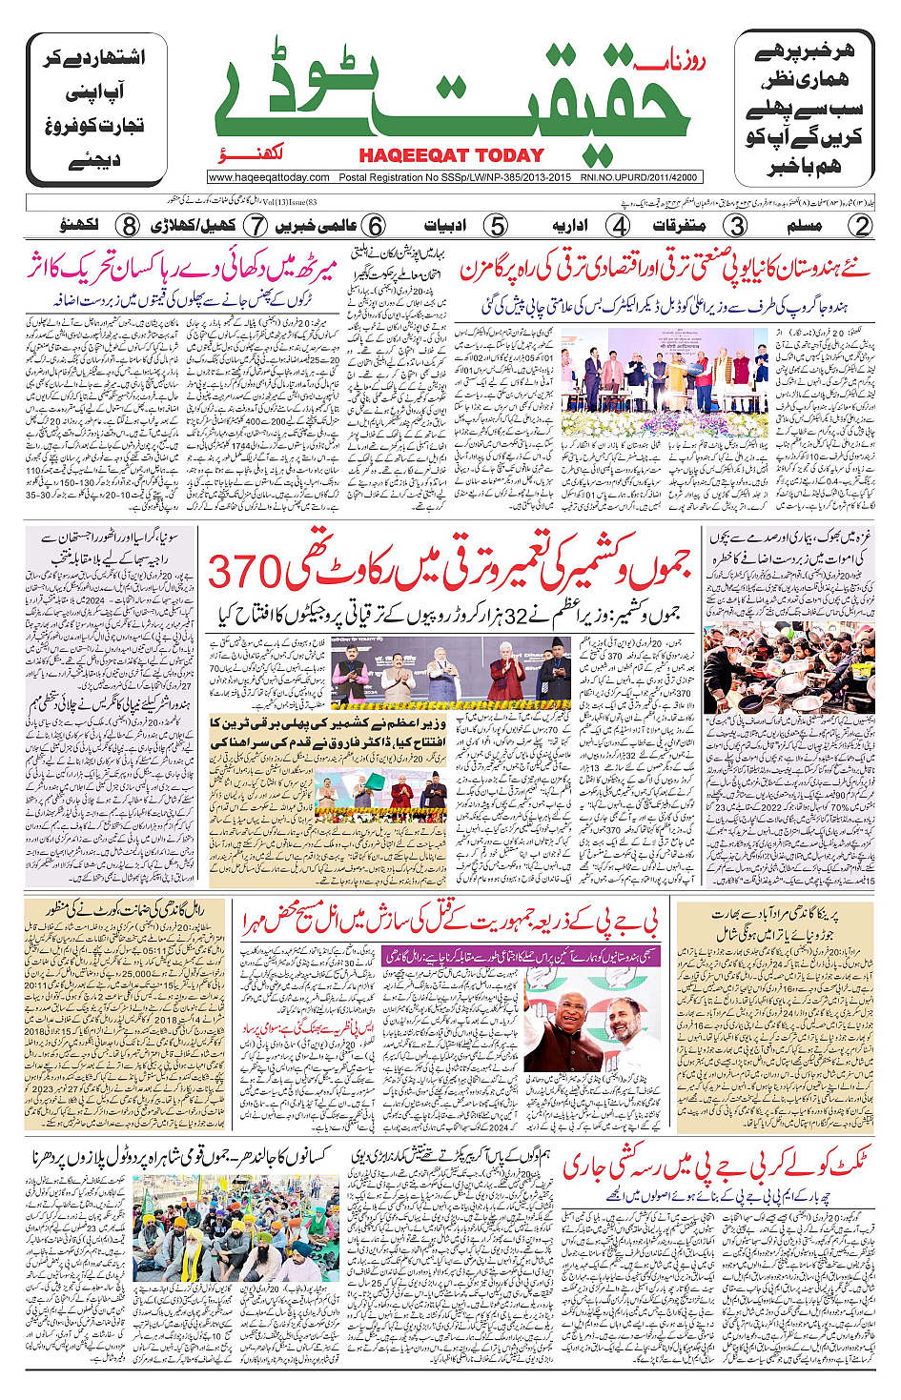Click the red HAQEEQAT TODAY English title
[451, 155]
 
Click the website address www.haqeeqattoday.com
[269, 177]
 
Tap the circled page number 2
[860, 226]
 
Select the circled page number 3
[735, 226]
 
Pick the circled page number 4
[619, 226]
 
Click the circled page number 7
[255, 226]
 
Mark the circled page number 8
[129, 226]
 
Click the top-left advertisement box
[96, 109]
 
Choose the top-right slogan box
[804, 109]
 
